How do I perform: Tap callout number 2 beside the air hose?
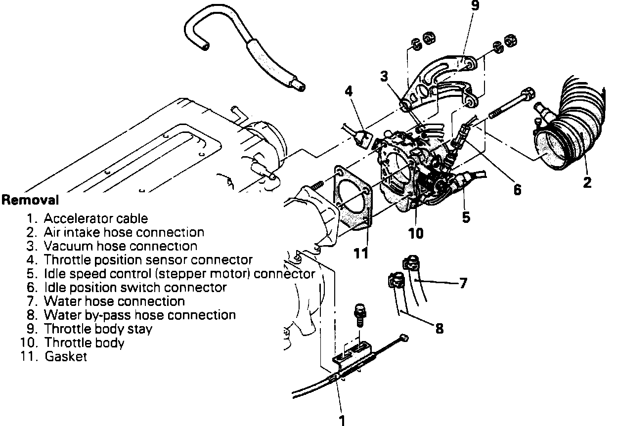pos(587,182)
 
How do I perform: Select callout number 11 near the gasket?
pos(361,253)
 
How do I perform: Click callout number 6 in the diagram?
pos(517,189)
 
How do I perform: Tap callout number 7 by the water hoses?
pos(463,284)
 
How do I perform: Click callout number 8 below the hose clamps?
pos(439,328)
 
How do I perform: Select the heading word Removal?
pos(30,201)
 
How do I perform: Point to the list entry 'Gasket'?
pos(66,356)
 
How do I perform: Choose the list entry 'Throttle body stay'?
pos(98,329)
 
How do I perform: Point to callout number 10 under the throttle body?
pos(416,233)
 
